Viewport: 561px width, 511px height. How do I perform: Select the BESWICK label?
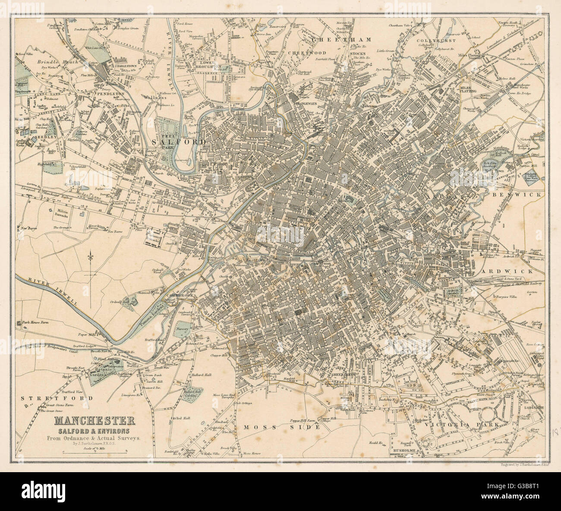point(523,195)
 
